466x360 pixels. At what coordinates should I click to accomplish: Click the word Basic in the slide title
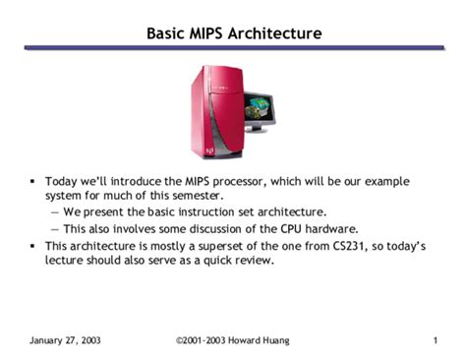(165, 33)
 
